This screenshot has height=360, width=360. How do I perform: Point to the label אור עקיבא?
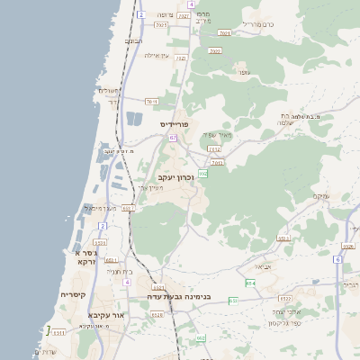[105, 315]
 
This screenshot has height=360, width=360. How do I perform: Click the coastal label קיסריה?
[73, 295]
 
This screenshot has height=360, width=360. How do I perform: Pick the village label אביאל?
[262, 266]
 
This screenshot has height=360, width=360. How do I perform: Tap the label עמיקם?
[320, 196]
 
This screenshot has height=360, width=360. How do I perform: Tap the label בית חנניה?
[120, 270]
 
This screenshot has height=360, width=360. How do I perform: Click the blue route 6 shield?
[337, 259]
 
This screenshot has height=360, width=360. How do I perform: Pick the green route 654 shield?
[251, 283]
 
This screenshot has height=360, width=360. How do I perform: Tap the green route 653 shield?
[233, 300]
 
